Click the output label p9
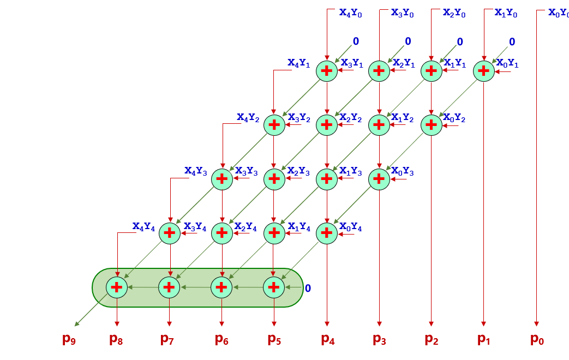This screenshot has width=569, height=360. tap(69, 339)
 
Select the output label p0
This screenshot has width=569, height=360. tap(537, 339)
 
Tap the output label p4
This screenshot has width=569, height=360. tap(328, 339)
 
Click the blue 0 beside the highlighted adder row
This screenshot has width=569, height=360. tap(308, 287)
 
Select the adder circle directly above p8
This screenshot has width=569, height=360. tap(117, 287)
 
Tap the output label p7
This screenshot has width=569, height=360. tap(167, 339)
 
